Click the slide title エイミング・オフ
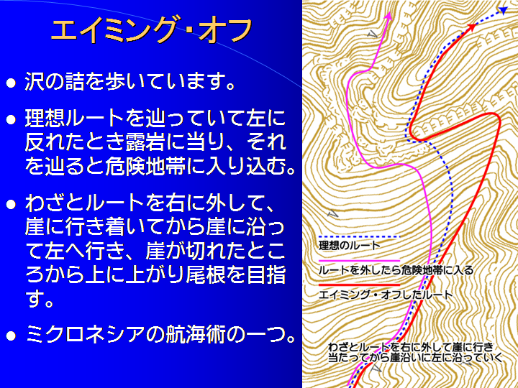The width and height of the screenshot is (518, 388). (x=152, y=31)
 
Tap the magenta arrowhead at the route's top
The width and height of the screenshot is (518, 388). (x=388, y=16)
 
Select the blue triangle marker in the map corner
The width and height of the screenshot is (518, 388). (x=503, y=11)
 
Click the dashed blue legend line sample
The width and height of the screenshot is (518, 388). (x=359, y=236)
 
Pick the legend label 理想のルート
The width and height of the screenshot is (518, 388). (x=350, y=246)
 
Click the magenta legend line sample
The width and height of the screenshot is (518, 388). (x=359, y=261)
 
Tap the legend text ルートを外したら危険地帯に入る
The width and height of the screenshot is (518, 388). (x=396, y=271)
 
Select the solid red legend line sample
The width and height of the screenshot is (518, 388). (x=359, y=285)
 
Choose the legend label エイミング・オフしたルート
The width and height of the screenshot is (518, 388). (x=385, y=295)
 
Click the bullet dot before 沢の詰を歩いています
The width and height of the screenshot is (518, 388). (x=11, y=83)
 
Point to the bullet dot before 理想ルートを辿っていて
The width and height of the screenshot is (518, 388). (x=11, y=119)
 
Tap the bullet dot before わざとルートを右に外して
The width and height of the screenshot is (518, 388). (x=11, y=205)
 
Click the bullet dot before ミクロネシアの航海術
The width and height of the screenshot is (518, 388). (x=11, y=336)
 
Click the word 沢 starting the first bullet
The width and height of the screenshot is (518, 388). (x=35, y=82)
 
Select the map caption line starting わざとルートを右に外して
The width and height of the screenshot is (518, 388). (x=411, y=347)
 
